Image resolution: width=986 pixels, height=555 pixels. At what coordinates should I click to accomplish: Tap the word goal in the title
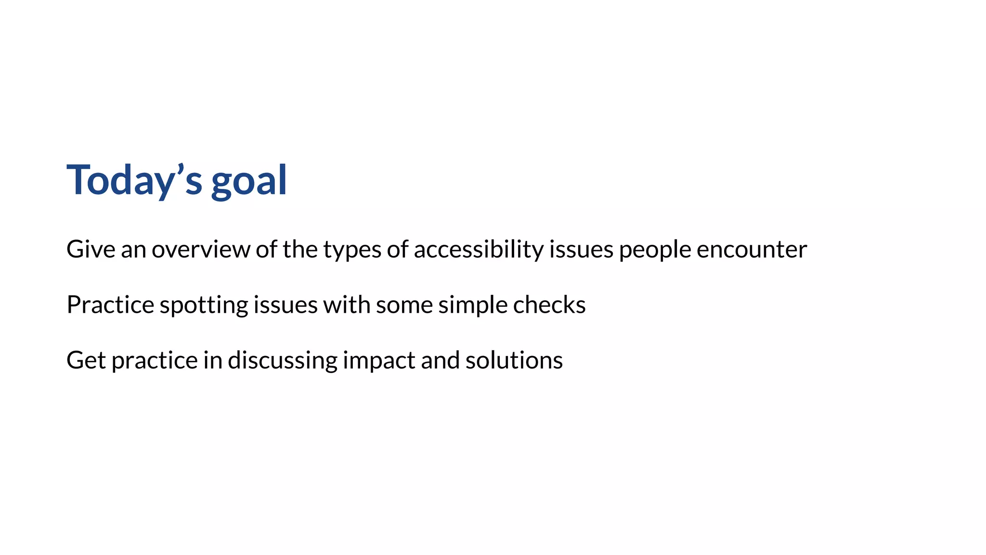tap(249, 181)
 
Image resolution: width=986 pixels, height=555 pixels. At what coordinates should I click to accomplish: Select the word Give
tap(91, 250)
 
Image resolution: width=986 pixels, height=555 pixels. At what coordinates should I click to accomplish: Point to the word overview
tap(201, 250)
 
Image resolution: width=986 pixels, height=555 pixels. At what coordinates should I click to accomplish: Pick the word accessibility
tap(479, 250)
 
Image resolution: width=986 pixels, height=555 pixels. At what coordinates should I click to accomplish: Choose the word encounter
tap(752, 250)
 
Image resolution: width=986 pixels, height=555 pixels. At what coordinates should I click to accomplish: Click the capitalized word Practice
tap(110, 305)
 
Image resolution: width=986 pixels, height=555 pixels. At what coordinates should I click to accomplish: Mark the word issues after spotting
tap(285, 305)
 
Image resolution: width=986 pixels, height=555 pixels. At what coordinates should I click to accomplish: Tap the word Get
tap(86, 360)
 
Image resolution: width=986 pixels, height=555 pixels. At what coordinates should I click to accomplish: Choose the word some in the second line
tap(404, 305)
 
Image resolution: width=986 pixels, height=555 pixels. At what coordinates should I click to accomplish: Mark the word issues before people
tap(581, 250)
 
